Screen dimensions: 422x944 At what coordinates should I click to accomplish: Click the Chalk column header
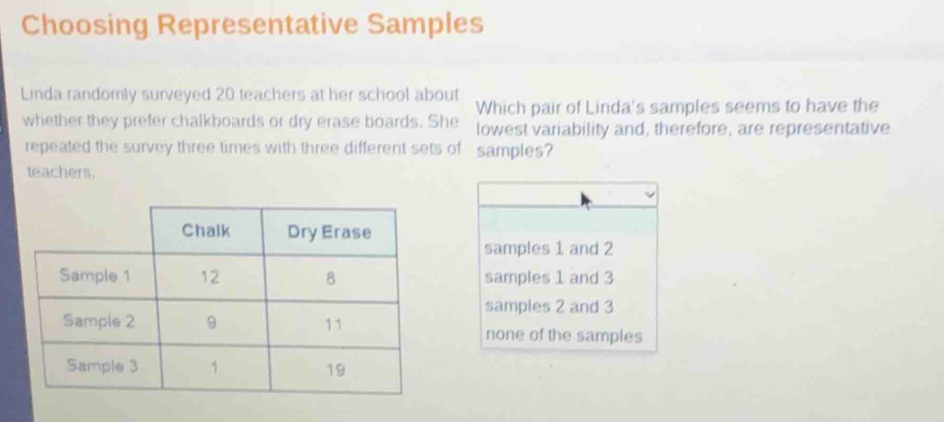tap(206, 231)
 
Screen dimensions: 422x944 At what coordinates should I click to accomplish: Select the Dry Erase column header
tap(329, 232)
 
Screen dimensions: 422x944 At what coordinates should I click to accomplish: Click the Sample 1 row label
tap(95, 275)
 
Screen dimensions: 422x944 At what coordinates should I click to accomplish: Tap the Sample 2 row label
tap(99, 321)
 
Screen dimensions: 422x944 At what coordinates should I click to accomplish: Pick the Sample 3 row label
tap(102, 365)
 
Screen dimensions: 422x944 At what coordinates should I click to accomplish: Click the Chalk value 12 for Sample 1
tap(209, 277)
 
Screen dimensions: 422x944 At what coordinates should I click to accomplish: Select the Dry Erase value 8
tap(330, 278)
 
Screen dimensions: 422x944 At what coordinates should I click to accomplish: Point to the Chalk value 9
tap(211, 322)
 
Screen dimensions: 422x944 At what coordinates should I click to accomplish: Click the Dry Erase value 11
tap(332, 324)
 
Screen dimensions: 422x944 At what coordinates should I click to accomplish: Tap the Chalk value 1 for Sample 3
tap(214, 368)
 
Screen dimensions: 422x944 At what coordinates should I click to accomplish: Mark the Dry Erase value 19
tap(335, 369)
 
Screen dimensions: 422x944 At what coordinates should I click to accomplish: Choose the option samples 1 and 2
tap(548, 248)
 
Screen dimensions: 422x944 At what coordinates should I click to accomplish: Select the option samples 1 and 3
tap(549, 277)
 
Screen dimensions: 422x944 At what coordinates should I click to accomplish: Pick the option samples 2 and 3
tap(549, 306)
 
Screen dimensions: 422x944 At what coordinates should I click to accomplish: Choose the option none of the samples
tap(564, 335)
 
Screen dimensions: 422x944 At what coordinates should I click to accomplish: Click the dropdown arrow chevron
tap(650, 194)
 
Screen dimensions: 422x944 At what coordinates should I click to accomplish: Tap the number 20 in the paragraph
tap(225, 95)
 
